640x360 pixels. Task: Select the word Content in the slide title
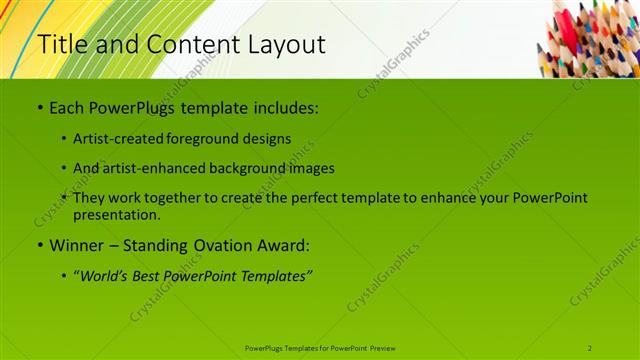point(184,45)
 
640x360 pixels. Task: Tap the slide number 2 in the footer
point(590,347)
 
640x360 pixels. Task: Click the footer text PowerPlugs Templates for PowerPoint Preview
point(320,347)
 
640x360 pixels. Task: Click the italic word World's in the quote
point(107,274)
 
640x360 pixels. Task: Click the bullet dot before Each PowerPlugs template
point(39,106)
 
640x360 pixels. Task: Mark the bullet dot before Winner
point(39,244)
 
